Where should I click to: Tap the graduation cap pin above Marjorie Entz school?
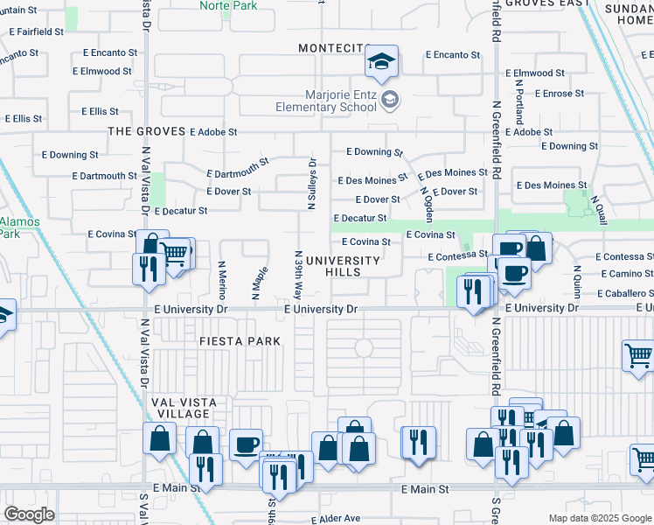click(381, 62)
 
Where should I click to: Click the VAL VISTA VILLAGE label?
click(184, 408)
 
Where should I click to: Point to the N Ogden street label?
click(428, 203)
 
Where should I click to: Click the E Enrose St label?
click(559, 93)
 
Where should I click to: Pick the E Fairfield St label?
click(36, 31)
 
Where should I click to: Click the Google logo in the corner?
click(30, 514)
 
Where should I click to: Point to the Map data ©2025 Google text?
click(601, 518)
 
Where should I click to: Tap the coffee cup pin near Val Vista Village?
click(246, 444)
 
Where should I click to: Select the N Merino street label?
click(222, 278)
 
